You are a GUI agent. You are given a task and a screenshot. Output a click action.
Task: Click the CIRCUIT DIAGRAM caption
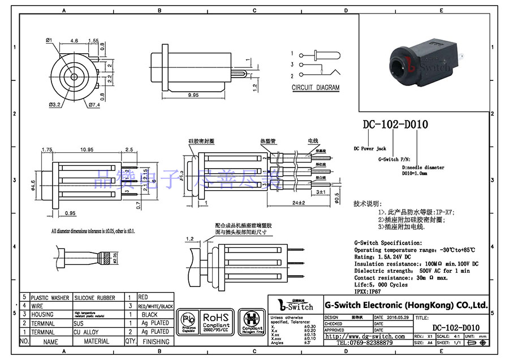click(316, 88)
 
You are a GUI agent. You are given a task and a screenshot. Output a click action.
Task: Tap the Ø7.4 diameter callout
click(94, 105)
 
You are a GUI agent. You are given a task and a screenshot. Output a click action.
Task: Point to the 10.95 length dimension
click(87, 149)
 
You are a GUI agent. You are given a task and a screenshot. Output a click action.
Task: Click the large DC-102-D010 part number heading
click(395, 125)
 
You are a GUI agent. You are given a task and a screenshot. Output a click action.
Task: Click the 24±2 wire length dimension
click(298, 203)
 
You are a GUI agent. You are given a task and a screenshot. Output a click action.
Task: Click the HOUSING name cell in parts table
click(42, 315)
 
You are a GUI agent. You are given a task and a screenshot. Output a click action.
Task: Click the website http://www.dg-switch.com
click(365, 336)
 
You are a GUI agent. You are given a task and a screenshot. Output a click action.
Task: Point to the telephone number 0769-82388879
click(365, 343)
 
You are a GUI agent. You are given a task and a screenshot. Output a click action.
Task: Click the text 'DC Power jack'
click(370, 148)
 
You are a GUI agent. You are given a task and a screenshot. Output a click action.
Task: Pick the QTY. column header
click(130, 341)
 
